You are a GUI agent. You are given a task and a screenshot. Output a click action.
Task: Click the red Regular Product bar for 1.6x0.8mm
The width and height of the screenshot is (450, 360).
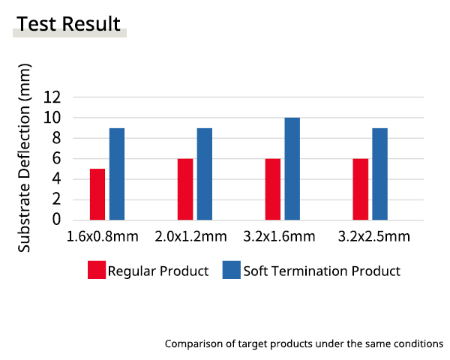click(97, 194)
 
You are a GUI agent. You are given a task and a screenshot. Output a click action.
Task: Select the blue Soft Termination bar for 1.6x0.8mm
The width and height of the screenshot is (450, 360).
click(117, 174)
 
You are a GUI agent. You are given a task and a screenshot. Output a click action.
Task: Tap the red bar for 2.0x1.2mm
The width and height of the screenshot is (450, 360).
click(185, 189)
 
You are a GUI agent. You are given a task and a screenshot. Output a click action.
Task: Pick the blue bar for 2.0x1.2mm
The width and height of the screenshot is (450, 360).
click(205, 174)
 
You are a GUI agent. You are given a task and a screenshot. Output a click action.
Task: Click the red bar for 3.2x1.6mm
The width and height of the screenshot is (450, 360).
click(273, 189)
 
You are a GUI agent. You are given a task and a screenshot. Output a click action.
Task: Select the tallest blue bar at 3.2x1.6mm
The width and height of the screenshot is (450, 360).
click(292, 169)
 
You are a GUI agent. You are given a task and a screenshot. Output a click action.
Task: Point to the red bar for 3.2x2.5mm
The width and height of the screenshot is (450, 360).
click(361, 189)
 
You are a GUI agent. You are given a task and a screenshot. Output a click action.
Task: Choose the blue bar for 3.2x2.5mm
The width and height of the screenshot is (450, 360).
click(380, 174)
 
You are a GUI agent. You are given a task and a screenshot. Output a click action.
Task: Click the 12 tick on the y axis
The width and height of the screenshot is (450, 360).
click(52, 97)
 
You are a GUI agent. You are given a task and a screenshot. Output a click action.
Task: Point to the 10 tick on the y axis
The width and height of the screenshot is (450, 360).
click(52, 118)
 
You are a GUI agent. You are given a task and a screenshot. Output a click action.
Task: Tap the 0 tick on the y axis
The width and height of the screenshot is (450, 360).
click(56, 220)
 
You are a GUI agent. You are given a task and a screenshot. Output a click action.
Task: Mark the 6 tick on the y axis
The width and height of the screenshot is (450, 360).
click(56, 158)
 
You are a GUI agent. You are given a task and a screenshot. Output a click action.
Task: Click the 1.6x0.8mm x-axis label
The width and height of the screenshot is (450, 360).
click(103, 237)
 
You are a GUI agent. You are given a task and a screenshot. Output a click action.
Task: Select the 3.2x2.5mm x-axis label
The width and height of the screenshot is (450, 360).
click(374, 237)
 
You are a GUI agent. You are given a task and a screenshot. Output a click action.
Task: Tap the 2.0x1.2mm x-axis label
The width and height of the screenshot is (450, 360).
click(191, 237)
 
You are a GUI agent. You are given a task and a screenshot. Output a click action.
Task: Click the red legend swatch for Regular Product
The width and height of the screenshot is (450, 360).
click(97, 271)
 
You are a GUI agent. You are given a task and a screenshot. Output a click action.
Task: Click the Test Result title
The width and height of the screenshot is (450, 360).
click(68, 25)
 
